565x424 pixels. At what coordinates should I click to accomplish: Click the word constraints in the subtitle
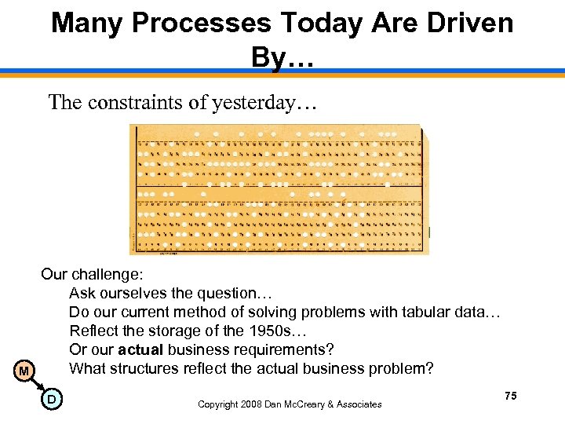pyautogui.click(x=133, y=102)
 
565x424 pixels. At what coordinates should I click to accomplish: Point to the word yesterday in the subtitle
pyautogui.click(x=254, y=102)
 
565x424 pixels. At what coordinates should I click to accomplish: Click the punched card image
pyautogui.click(x=279, y=189)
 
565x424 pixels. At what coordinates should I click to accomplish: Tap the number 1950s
pyautogui.click(x=237, y=331)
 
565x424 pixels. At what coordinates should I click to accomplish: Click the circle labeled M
pyautogui.click(x=24, y=371)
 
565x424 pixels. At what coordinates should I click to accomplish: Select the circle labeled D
pyautogui.click(x=51, y=401)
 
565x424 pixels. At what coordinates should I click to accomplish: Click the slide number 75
pyautogui.click(x=511, y=397)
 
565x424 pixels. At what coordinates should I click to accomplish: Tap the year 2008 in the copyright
pyautogui.click(x=252, y=404)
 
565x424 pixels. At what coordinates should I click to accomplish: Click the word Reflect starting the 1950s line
pyautogui.click(x=93, y=331)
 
